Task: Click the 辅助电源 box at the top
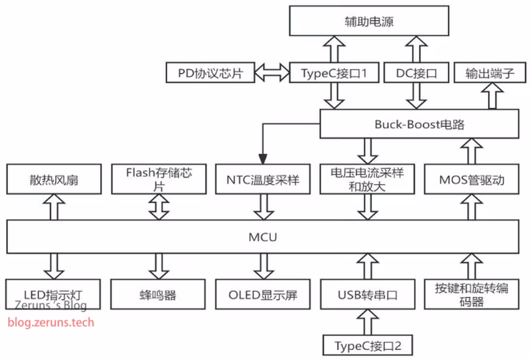(370, 21)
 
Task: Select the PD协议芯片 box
(210, 73)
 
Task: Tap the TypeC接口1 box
(335, 73)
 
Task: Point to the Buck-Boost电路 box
(419, 124)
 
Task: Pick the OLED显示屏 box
(263, 295)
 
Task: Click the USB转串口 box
(367, 295)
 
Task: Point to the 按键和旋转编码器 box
(471, 295)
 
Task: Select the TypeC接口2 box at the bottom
(367, 345)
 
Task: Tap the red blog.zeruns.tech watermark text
(51, 323)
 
